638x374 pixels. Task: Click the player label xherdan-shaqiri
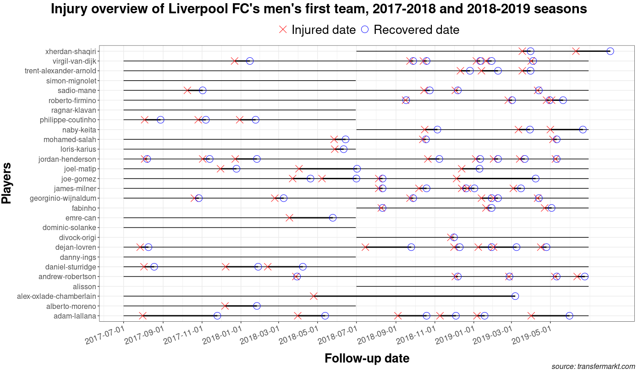pyautogui.click(x=71, y=51)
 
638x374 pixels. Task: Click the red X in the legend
pyautogui.click(x=283, y=30)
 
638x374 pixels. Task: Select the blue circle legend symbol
pyautogui.click(x=365, y=30)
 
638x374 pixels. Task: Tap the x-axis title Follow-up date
pyautogui.click(x=367, y=358)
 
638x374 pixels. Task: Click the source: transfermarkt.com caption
pyautogui.click(x=593, y=367)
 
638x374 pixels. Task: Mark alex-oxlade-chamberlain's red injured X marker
pyautogui.click(x=313, y=296)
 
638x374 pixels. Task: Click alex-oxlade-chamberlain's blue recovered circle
pyautogui.click(x=515, y=296)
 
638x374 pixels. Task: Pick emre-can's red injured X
pyautogui.click(x=289, y=218)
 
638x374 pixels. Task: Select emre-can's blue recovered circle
pyautogui.click(x=333, y=218)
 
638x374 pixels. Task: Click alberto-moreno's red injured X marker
pyautogui.click(x=225, y=306)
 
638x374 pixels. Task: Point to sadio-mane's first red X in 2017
pyautogui.click(x=187, y=90)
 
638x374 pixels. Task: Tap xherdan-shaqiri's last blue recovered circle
pyautogui.click(x=610, y=51)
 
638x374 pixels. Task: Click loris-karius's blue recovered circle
pyautogui.click(x=344, y=149)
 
